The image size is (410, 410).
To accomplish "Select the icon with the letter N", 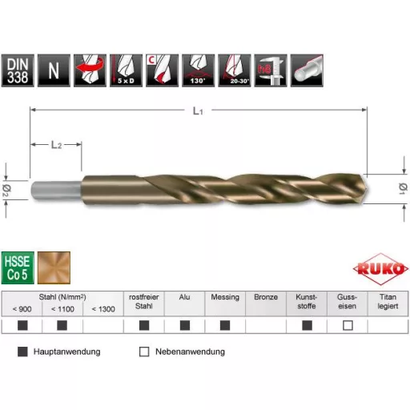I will (x=54, y=70).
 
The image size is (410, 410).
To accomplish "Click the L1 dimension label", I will (x=197, y=112).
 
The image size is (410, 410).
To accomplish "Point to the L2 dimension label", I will (x=55, y=144).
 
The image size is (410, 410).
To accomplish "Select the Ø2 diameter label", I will (x=6, y=187).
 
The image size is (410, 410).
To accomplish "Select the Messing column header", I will (x=224, y=297).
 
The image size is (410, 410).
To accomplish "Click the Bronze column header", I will (x=265, y=297).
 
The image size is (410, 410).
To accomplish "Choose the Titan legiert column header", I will (x=388, y=302).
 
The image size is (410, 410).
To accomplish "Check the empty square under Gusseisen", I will (x=348, y=325).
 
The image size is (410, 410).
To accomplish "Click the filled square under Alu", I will (x=184, y=325).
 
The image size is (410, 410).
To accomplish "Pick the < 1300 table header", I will (x=102, y=308).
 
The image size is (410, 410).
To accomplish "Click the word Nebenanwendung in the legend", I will (x=190, y=352).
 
